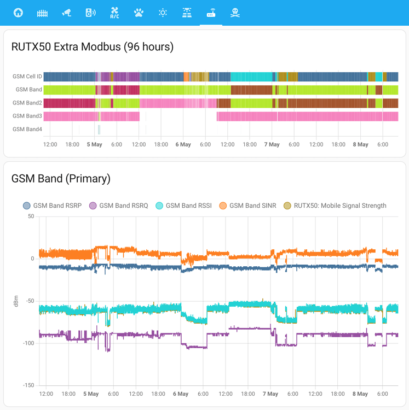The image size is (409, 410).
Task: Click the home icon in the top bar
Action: (x=18, y=13)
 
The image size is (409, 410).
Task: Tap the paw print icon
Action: (x=139, y=13)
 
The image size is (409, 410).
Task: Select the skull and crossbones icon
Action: (x=235, y=13)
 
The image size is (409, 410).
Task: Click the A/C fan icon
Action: (x=114, y=13)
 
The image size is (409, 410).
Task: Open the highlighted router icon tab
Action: (x=211, y=13)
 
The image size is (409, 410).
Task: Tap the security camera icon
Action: (x=66, y=13)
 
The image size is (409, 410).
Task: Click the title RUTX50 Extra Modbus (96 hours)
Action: (x=93, y=46)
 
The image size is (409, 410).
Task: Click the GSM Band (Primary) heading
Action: (x=61, y=178)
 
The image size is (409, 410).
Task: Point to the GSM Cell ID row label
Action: (x=27, y=77)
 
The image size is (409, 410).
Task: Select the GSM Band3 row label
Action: (x=27, y=116)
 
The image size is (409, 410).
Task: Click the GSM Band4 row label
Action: (x=27, y=129)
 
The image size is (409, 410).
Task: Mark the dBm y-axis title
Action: (x=16, y=301)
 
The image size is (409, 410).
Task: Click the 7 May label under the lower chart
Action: (x=270, y=394)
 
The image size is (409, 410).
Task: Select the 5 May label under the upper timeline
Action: (x=94, y=144)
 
